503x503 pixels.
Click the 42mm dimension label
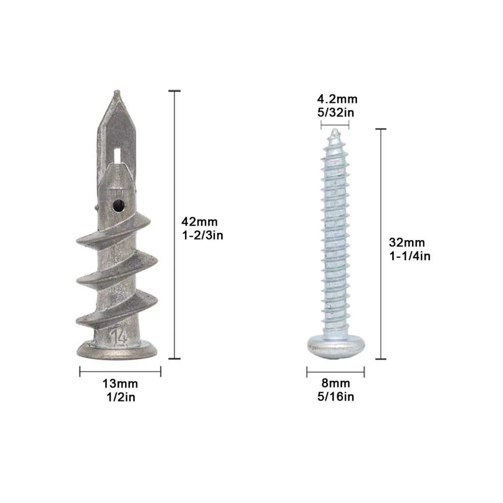[199, 222]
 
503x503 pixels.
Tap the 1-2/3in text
[202, 235]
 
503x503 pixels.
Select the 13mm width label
[120, 383]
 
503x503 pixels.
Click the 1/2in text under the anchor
[120, 397]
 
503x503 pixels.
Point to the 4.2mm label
[337, 99]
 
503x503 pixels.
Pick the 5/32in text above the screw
[336, 113]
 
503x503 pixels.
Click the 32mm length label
[407, 242]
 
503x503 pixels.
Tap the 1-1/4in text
[410, 256]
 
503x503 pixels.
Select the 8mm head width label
[336, 383]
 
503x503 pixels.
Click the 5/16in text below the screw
[336, 397]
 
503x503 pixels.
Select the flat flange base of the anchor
[117, 352]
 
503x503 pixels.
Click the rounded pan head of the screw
[335, 347]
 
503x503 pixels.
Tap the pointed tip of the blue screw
[335, 131]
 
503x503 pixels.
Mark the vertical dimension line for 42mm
[174, 224]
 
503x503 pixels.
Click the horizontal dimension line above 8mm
[335, 371]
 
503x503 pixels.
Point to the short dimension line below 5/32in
[335, 125]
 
